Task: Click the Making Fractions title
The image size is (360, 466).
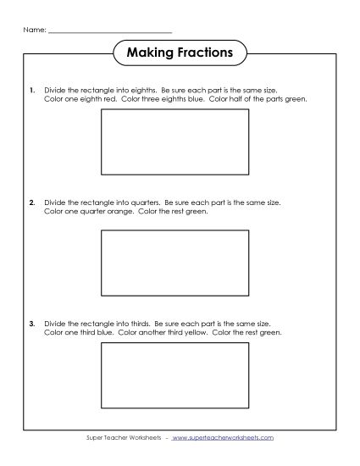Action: [180, 53]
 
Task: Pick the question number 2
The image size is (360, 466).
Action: [32, 203]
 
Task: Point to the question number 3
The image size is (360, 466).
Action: [32, 324]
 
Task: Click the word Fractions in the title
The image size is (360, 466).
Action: [203, 53]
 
